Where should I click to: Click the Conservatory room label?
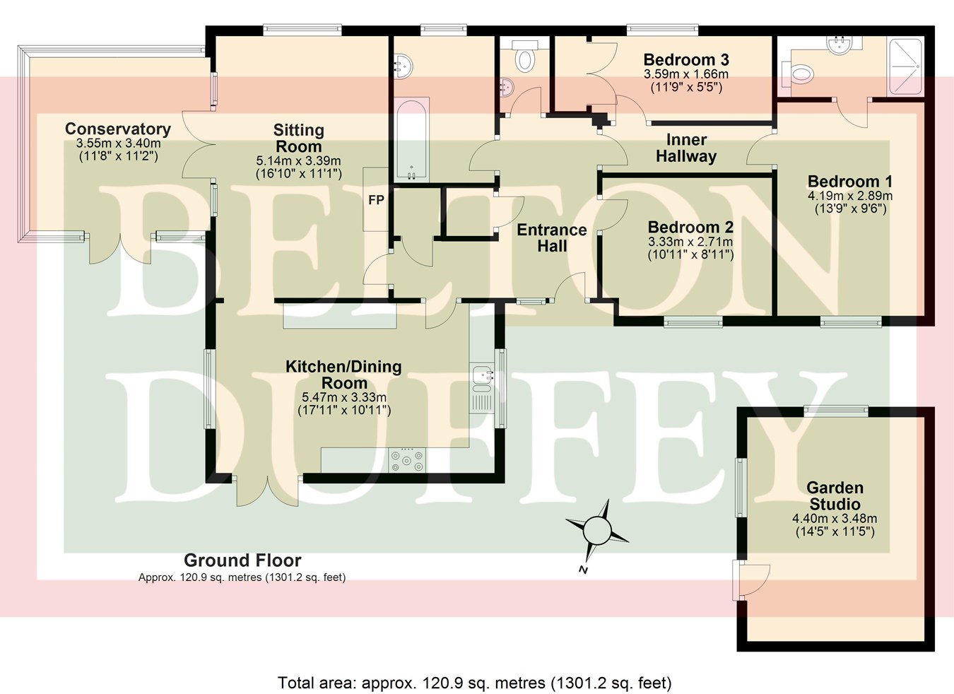pos(118,129)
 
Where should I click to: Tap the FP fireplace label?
pos(376,200)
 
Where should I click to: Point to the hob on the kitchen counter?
pos(408,460)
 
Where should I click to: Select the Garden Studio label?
pos(835,495)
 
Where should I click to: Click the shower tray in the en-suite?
pos(905,66)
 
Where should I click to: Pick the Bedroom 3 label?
pos(686,60)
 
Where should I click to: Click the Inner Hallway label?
pos(686,148)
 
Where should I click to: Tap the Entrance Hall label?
pos(552,238)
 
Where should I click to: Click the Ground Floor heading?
pos(242,560)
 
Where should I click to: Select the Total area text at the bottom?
pos(474,683)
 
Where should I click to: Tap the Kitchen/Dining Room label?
pos(343,374)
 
